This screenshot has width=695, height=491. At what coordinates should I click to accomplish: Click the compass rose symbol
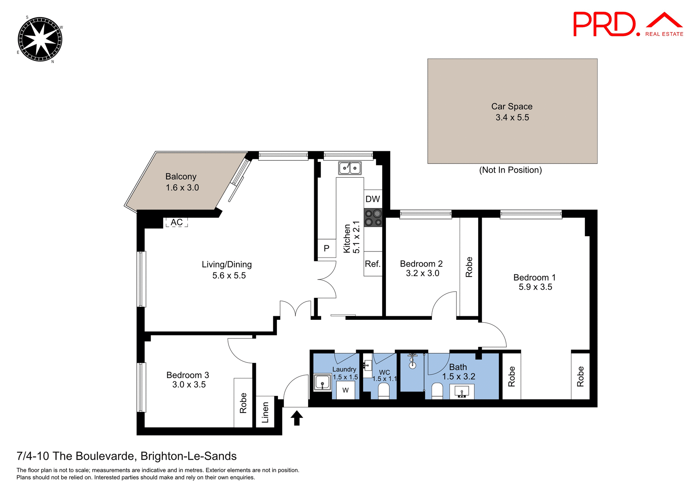(40, 39)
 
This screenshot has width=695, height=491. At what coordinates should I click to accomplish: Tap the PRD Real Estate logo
(628, 24)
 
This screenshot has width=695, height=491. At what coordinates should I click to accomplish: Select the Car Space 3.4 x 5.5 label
(512, 112)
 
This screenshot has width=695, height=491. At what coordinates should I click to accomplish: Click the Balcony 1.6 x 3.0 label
(182, 182)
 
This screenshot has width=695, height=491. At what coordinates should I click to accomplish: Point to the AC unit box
(177, 222)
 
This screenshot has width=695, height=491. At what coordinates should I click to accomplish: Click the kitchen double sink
(350, 168)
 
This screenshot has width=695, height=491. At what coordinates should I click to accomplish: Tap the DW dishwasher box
(373, 199)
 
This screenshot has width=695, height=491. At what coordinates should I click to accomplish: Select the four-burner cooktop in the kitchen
(373, 217)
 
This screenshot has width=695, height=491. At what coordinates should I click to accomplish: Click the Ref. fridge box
(373, 264)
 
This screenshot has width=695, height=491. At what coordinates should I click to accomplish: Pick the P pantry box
(327, 249)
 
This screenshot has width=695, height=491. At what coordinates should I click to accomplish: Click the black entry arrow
(296, 418)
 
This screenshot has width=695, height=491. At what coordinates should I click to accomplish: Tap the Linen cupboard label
(265, 412)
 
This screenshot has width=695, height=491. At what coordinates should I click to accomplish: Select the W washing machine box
(345, 390)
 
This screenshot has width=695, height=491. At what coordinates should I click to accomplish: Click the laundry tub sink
(322, 382)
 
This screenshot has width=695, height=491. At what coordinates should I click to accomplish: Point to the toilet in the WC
(383, 392)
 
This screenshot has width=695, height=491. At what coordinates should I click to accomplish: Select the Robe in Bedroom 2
(469, 267)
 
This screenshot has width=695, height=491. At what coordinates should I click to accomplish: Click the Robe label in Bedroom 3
(243, 403)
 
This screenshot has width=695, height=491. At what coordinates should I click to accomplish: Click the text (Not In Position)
(510, 170)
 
